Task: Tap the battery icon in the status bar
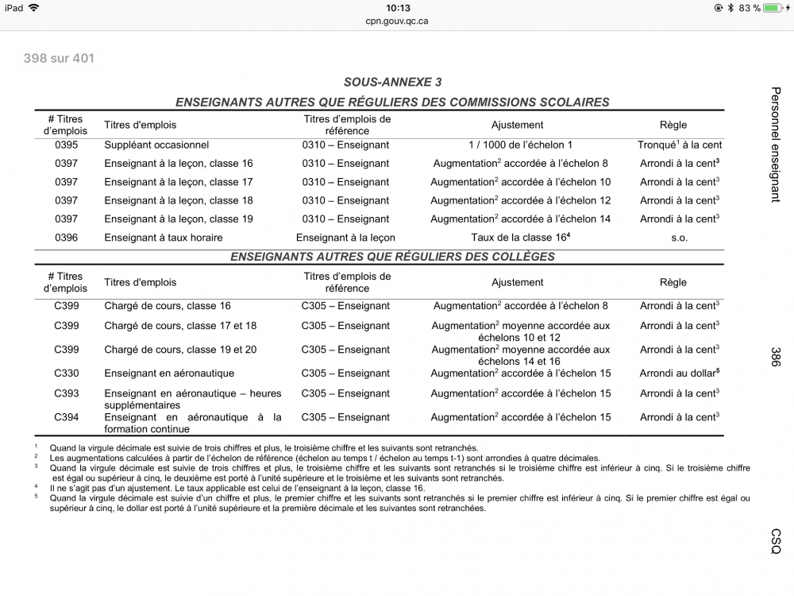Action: click(772, 8)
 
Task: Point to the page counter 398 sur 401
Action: click(60, 58)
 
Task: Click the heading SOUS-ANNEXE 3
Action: click(393, 82)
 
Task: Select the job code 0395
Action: click(66, 145)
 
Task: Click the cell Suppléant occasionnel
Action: click(156, 145)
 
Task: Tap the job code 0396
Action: click(66, 237)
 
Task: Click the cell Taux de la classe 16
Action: click(520, 237)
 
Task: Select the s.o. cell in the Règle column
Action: click(679, 237)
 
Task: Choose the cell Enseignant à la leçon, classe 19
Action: click(179, 219)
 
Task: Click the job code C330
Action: click(66, 373)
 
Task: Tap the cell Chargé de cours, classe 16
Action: click(168, 306)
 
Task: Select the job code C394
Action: click(66, 417)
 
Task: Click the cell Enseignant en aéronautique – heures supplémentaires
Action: click(193, 399)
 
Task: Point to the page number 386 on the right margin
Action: click(776, 356)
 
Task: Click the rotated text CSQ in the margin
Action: click(776, 541)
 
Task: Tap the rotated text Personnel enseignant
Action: click(776, 144)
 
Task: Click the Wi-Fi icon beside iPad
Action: click(33, 8)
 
